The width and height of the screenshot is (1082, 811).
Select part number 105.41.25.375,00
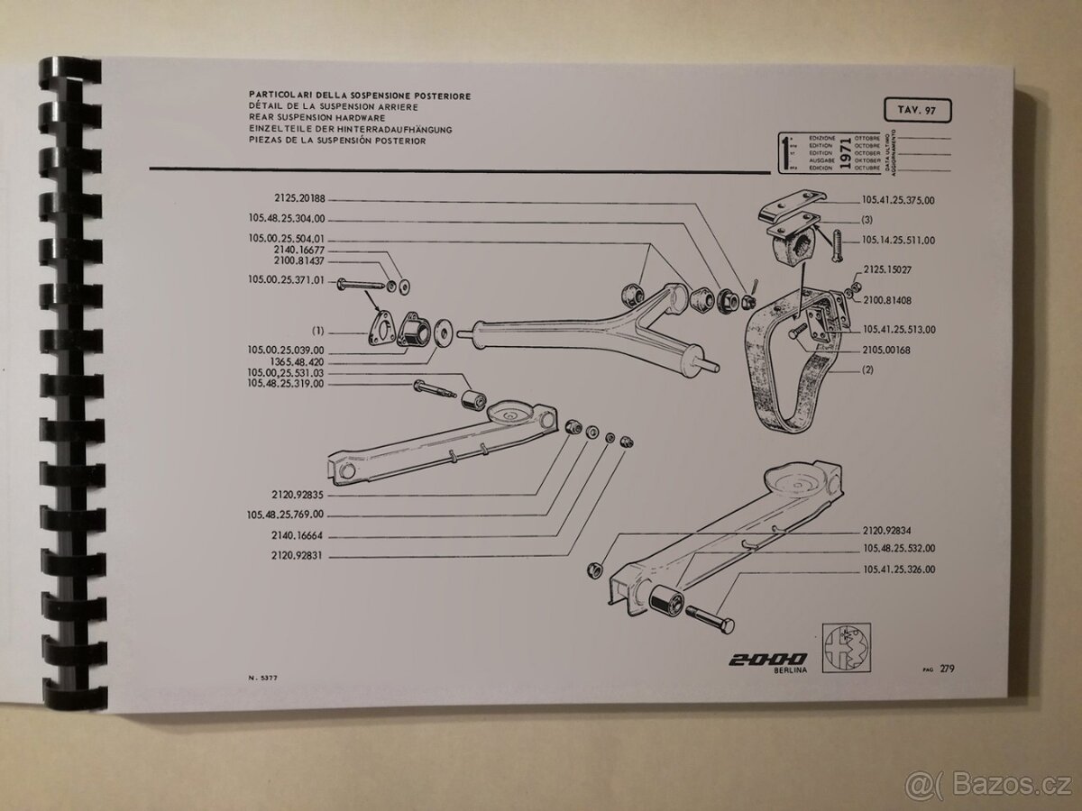coord(898,202)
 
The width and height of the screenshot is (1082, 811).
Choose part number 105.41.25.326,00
coord(898,570)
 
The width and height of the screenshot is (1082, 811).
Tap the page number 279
coord(947,669)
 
